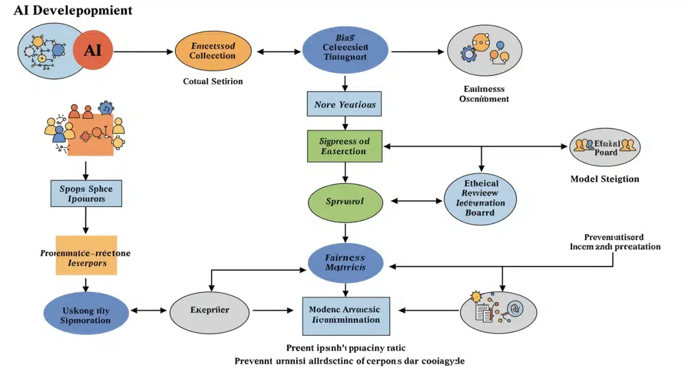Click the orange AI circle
pyautogui.click(x=92, y=50)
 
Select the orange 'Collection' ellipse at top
pyautogui.click(x=213, y=52)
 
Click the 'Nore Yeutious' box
pyautogui.click(x=345, y=104)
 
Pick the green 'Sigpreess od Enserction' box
pyautogui.click(x=344, y=146)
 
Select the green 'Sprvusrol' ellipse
pyautogui.click(x=345, y=202)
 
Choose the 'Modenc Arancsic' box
pyautogui.click(x=346, y=315)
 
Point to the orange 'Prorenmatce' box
pyautogui.click(x=86, y=256)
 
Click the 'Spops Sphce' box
pyautogui.click(x=86, y=193)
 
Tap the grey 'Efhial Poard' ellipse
pyautogui.click(x=605, y=147)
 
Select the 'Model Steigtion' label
pyautogui.click(x=604, y=179)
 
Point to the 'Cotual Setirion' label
pyautogui.click(x=213, y=81)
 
